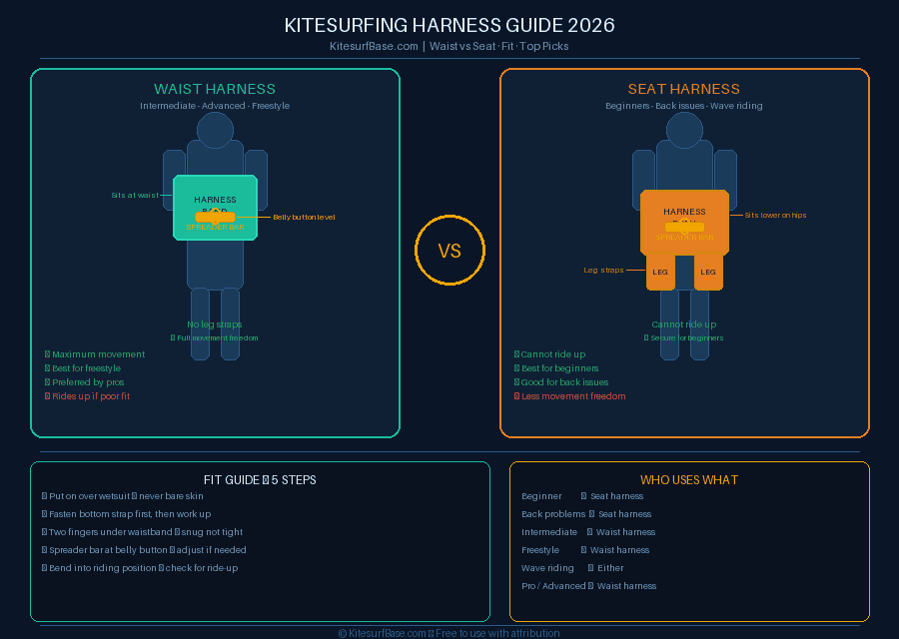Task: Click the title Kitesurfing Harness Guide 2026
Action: [449, 25]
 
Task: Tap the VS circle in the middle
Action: [449, 251]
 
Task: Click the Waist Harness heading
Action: [215, 89]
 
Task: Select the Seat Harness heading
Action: [684, 89]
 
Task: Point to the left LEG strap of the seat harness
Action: [660, 272]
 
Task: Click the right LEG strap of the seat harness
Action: [708, 272]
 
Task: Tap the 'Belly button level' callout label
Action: [304, 217]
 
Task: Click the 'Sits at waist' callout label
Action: [135, 195]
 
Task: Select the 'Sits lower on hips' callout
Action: [775, 215]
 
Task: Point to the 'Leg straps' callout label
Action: [603, 270]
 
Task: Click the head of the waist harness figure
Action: [215, 130]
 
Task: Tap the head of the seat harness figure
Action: [684, 130]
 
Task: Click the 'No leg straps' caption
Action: [215, 324]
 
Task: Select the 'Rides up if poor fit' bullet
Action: [91, 396]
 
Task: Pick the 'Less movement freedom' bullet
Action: [573, 396]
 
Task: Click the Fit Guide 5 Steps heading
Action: [260, 480]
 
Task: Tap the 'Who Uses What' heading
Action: [689, 480]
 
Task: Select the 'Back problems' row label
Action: [553, 514]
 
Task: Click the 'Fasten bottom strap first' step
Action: [130, 514]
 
